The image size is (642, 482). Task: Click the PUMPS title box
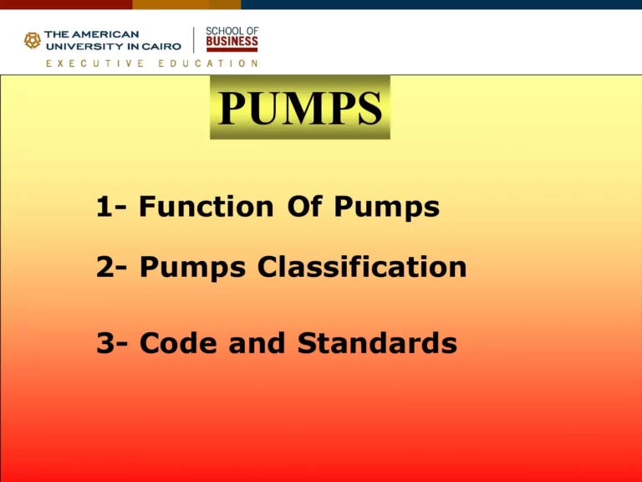tap(299, 108)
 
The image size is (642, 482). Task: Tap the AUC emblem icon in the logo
tap(33, 40)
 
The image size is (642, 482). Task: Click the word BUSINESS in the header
tap(232, 42)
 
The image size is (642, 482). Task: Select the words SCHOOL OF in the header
tap(232, 30)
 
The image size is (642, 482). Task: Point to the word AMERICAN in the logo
tap(104, 34)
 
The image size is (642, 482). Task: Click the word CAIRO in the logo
tap(160, 46)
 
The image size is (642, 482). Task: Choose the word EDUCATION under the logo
tap(208, 63)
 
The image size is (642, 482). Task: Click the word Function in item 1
tap(206, 207)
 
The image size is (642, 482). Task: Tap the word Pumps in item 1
tap(386, 208)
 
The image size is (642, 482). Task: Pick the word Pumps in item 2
tap(192, 268)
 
